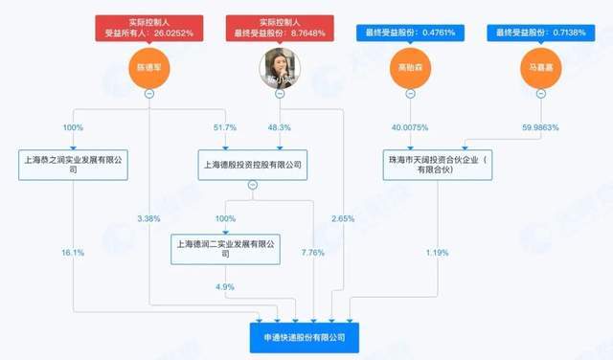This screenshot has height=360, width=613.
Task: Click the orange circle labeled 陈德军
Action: [x=149, y=68]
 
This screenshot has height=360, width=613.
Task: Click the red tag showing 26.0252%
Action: [x=149, y=27]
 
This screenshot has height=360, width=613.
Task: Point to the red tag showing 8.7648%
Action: [x=279, y=27]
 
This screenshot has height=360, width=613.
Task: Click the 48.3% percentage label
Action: [x=279, y=127]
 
